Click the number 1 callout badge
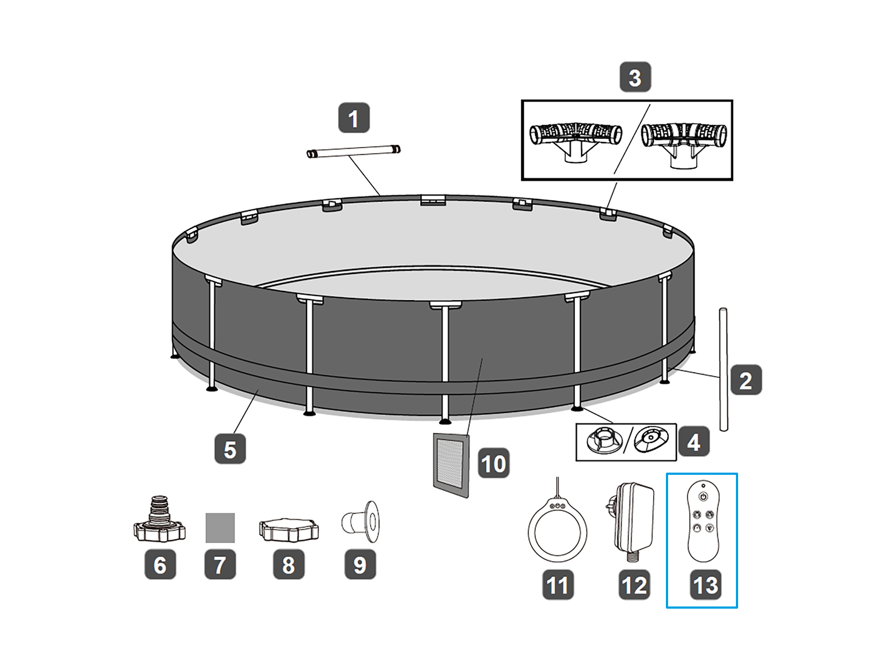tap(353, 117)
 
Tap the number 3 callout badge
tap(635, 77)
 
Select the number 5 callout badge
tap(230, 449)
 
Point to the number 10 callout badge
tap(493, 463)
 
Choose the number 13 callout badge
tap(706, 584)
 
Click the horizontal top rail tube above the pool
tap(353, 151)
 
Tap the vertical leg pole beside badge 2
tap(723, 369)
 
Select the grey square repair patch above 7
tap(220, 528)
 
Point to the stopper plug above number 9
tap(361, 521)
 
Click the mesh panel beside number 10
tap(451, 465)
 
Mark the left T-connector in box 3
tap(576, 140)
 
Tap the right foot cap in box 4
tap(652, 440)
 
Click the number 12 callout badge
tap(634, 584)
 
